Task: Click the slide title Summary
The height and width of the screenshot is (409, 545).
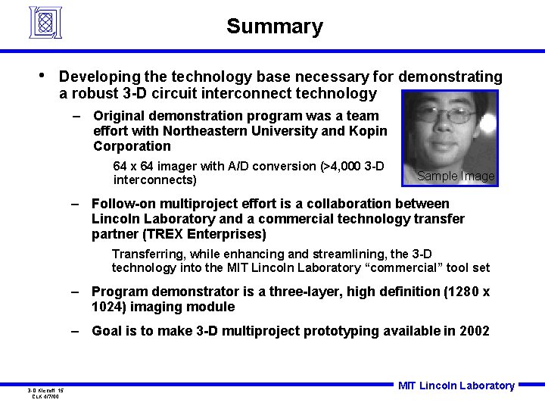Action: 274,27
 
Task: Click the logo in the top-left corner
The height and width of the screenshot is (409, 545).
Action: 46,22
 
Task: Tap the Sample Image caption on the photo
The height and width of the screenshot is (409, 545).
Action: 456,176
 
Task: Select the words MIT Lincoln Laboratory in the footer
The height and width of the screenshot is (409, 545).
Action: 456,386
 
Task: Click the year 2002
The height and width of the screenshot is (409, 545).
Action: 474,331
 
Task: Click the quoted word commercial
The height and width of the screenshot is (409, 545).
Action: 406,267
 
